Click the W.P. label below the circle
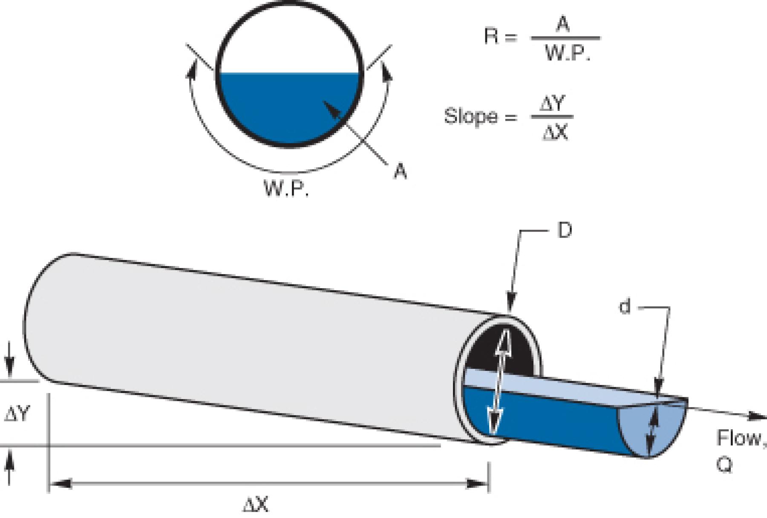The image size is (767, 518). click(x=286, y=188)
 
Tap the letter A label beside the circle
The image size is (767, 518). click(x=400, y=171)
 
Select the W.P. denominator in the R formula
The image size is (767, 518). click(x=567, y=54)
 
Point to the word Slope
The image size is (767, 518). click(x=470, y=116)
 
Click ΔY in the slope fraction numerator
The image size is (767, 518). click(x=552, y=104)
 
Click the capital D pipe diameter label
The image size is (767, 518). click(x=564, y=231)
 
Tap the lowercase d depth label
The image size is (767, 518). click(x=625, y=307)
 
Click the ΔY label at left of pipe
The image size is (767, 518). click(x=17, y=414)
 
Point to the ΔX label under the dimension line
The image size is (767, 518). click(x=256, y=506)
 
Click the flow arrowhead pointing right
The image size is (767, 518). click(x=756, y=416)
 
